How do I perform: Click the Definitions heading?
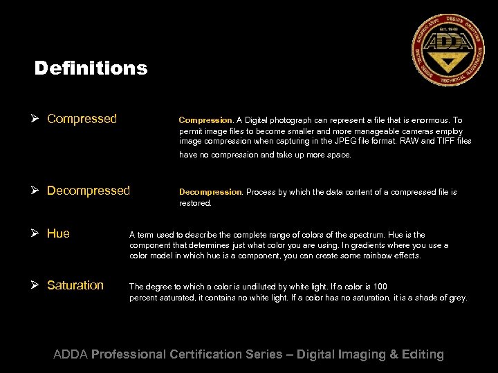91,68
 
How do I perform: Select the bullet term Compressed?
82,119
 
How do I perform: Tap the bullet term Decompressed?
88,191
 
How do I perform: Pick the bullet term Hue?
58,233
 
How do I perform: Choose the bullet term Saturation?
75,285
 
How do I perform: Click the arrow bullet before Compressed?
38,119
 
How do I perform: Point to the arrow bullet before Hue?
38,233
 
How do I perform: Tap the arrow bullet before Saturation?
38,285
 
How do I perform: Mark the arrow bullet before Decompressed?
38,191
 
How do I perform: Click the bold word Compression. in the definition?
206,119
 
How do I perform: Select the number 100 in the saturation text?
380,287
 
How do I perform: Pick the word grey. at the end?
457,298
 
